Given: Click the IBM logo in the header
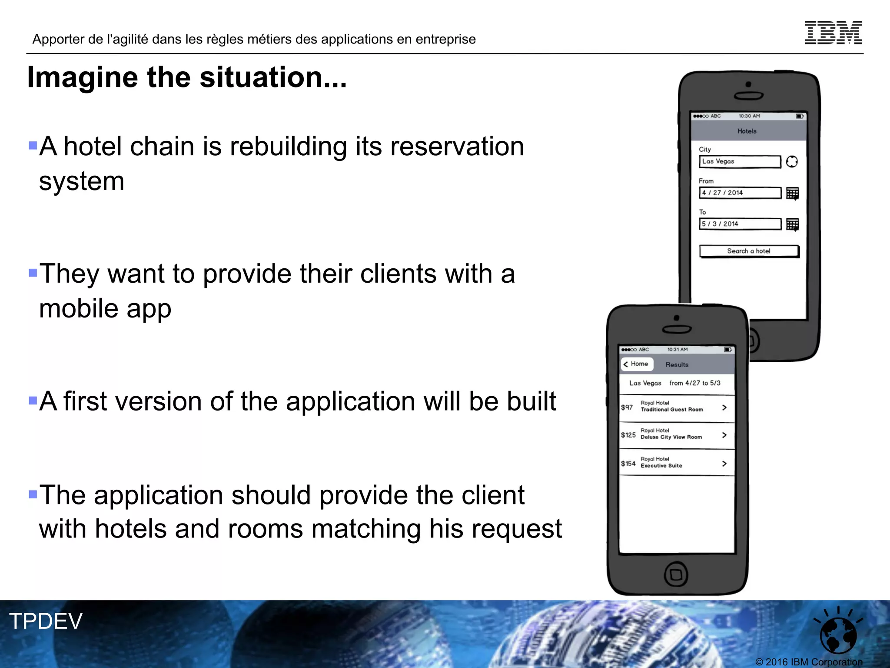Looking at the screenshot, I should point(833,33).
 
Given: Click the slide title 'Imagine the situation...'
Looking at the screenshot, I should point(187,77).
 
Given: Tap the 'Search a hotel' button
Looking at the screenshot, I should point(749,251).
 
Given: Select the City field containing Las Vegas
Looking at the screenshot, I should point(739,161).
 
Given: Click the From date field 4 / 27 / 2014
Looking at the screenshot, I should point(740,193).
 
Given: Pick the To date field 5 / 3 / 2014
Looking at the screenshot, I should point(740,224).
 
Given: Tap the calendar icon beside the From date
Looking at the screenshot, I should point(792,193).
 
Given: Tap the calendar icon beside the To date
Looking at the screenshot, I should point(792,224).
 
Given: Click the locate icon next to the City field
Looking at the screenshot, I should point(792,162).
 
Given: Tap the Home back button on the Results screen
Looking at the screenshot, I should point(637,364).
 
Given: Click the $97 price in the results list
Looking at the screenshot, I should point(627,407).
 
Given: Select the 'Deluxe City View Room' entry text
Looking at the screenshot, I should point(671,437).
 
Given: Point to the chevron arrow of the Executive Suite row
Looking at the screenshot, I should point(724,464).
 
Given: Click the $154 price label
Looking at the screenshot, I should point(628,464).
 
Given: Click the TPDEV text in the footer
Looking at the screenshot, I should point(46,621).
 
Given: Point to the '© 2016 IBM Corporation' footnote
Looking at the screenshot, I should point(809,662).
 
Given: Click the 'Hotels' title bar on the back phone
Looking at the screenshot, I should point(747,131).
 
